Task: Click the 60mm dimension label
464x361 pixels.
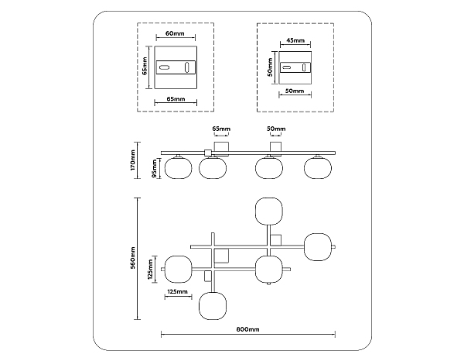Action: [x=175, y=33]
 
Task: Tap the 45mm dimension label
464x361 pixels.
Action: [x=295, y=40]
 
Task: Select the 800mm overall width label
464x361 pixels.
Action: [x=248, y=329]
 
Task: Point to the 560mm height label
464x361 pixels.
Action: [x=133, y=258]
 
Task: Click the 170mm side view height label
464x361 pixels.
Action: [x=132, y=160]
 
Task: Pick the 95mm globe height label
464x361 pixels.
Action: [x=154, y=168]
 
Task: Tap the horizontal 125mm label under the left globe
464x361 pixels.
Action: [x=177, y=291]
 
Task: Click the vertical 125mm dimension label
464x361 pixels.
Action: [x=150, y=269]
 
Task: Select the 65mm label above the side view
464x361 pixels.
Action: [x=221, y=129]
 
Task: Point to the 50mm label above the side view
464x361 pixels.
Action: [x=276, y=129]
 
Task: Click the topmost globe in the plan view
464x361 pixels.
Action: [x=268, y=211]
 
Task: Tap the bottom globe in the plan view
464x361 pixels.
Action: [x=213, y=306]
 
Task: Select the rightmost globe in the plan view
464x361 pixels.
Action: [x=318, y=247]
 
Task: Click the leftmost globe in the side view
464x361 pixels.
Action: [x=178, y=168]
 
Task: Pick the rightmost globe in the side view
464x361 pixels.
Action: [x=318, y=168]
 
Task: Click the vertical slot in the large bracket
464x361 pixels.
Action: [x=187, y=67]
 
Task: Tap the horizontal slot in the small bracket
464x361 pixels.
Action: [x=286, y=67]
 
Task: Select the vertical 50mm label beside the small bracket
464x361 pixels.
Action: [x=270, y=67]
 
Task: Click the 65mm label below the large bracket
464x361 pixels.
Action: [x=176, y=98]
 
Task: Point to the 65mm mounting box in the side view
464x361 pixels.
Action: [x=221, y=149]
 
